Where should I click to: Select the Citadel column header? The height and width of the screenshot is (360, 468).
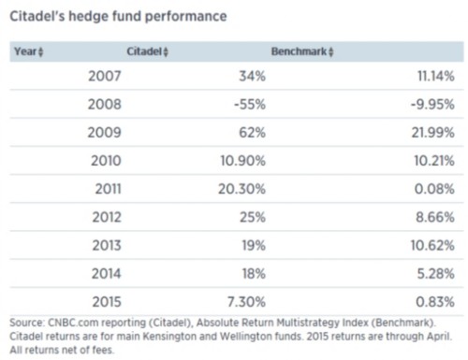[146, 51]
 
